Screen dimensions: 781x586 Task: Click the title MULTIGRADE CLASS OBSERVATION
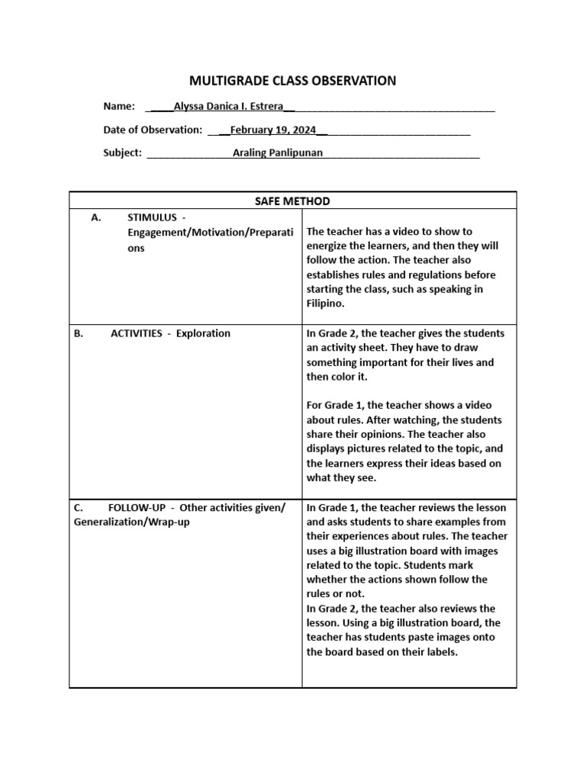pyautogui.click(x=292, y=81)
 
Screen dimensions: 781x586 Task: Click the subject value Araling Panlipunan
pyautogui.click(x=278, y=153)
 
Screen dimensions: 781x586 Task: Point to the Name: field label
pyautogui.click(x=119, y=106)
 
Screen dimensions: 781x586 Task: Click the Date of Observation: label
pyautogui.click(x=153, y=130)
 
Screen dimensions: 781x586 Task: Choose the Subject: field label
pyautogui.click(x=122, y=153)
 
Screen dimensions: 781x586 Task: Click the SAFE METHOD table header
pyautogui.click(x=292, y=201)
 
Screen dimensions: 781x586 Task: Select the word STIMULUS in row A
pyautogui.click(x=152, y=217)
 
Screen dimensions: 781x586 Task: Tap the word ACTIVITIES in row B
pyautogui.click(x=137, y=333)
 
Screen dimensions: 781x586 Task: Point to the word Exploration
pyautogui.click(x=203, y=333)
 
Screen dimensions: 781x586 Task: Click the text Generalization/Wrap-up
pyautogui.click(x=132, y=522)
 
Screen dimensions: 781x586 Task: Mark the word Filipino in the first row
pyautogui.click(x=326, y=304)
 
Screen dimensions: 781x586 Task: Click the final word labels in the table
pyautogui.click(x=440, y=652)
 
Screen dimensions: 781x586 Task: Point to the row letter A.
pyautogui.click(x=95, y=217)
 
